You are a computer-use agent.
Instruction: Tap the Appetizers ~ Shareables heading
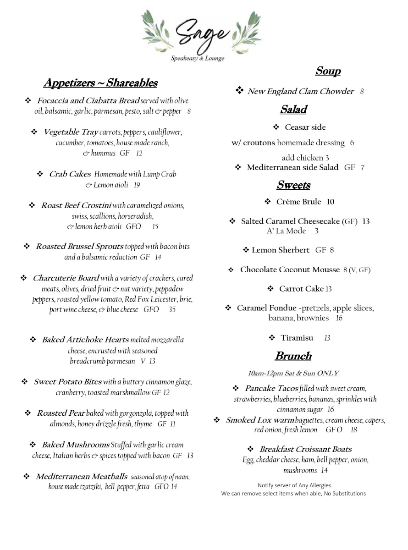click(x=100, y=83)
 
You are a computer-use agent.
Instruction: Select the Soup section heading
click(x=328, y=71)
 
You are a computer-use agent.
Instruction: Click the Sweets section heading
click(x=293, y=185)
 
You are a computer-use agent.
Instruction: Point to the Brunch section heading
click(x=293, y=356)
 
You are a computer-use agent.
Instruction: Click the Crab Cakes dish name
click(x=70, y=174)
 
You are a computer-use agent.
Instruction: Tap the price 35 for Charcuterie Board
click(x=172, y=310)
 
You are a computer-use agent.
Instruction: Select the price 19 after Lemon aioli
click(x=137, y=185)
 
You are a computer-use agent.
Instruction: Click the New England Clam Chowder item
click(x=301, y=92)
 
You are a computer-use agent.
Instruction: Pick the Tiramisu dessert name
click(x=297, y=338)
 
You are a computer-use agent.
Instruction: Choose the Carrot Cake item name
click(x=301, y=289)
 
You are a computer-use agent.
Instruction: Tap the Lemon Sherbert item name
click(x=281, y=250)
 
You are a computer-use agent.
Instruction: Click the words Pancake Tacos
click(x=271, y=389)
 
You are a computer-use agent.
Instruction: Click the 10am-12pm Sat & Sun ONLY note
click(x=293, y=373)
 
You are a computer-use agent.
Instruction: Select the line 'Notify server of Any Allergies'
click(x=294, y=485)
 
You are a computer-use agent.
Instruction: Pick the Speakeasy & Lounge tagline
click(x=198, y=59)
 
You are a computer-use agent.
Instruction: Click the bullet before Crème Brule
click(x=268, y=202)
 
